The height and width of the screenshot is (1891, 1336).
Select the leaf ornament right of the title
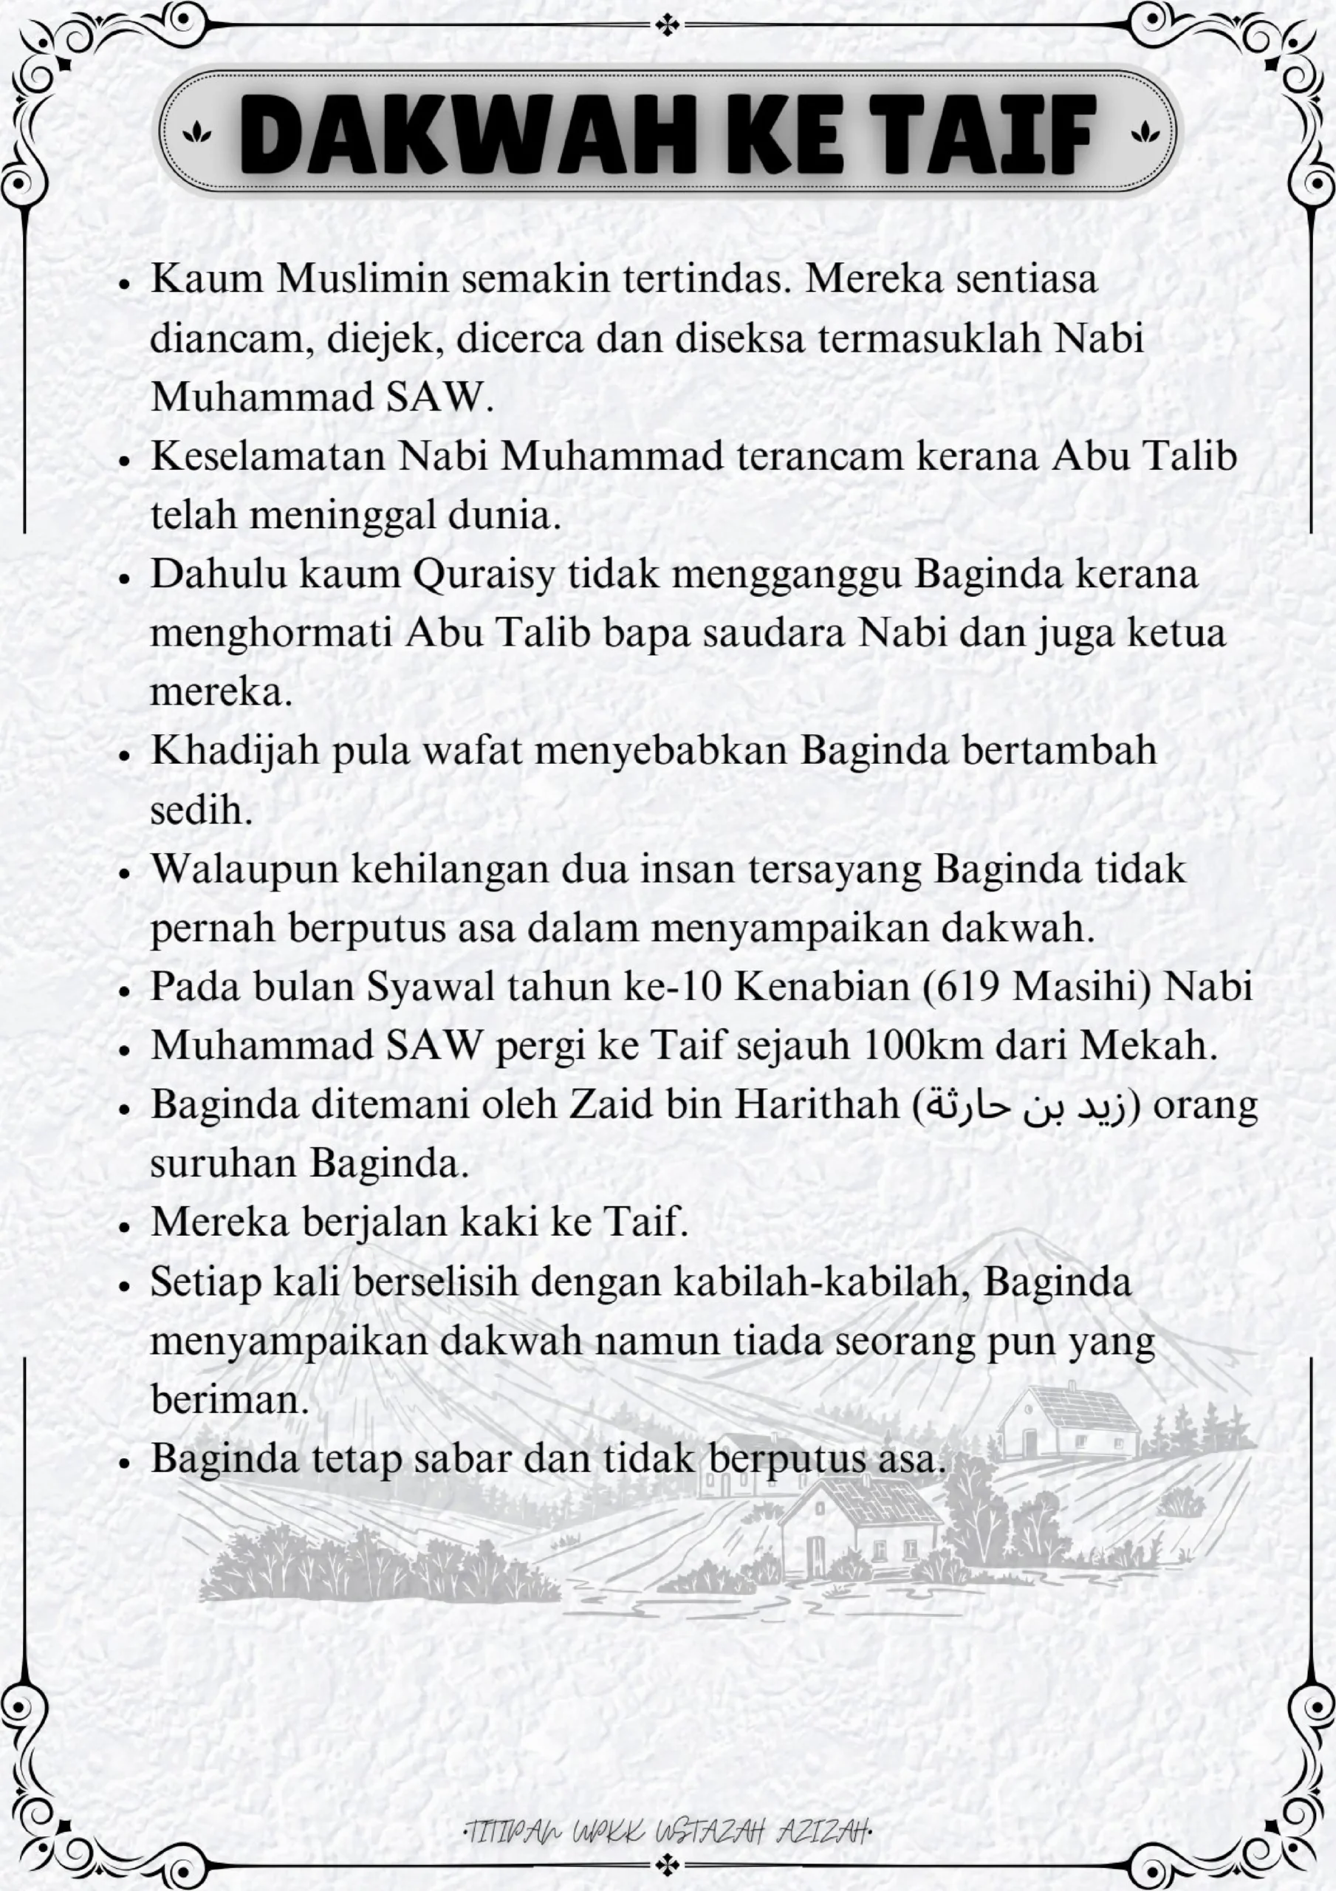coord(1144,131)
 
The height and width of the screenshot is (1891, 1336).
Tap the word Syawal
coord(429,987)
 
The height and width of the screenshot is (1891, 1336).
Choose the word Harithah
coord(816,1105)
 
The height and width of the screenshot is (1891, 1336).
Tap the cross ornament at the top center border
coord(667,26)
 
